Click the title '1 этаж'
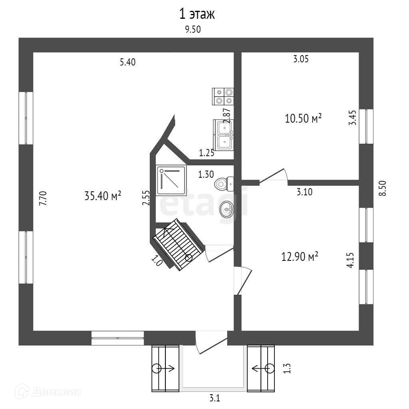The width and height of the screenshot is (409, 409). pos(197,15)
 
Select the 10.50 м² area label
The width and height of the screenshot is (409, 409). pos(304,119)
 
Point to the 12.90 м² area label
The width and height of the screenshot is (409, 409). pos(300,256)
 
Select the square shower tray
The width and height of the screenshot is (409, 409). pos(171,181)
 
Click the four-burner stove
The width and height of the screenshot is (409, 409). pos(223,96)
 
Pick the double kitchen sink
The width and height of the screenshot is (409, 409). pos(224,134)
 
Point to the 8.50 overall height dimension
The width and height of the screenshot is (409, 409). pos(383,188)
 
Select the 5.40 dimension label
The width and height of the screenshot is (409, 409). pos(128,62)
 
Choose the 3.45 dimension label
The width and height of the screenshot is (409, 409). pos(352,119)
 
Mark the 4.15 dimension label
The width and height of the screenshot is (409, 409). pos(350,260)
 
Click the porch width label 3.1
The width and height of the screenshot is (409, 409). pos(215,398)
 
